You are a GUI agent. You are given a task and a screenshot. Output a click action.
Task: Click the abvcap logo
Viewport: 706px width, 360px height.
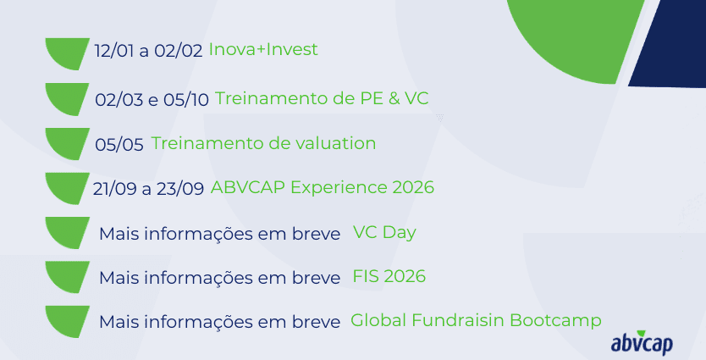(642, 343)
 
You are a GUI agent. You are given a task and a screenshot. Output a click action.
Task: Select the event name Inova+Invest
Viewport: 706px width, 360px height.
(263, 49)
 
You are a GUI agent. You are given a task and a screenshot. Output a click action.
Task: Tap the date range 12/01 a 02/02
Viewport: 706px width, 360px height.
(149, 51)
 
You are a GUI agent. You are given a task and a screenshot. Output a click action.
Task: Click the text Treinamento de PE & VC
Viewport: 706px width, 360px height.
(322, 98)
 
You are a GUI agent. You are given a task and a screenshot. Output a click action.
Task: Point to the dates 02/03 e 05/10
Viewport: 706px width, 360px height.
(152, 100)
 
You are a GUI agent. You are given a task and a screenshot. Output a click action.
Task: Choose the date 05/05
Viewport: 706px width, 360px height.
(119, 145)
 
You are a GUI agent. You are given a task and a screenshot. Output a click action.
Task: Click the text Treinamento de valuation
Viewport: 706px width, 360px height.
(263, 143)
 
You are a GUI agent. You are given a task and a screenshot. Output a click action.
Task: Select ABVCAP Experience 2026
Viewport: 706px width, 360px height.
(323, 187)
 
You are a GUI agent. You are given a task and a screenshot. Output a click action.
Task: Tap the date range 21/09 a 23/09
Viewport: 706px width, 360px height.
(149, 188)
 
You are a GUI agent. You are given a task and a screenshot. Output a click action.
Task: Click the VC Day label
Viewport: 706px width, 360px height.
(384, 232)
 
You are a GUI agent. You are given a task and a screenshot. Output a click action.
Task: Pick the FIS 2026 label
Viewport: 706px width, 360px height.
(389, 276)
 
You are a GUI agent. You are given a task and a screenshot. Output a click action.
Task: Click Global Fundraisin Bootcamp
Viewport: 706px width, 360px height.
(476, 320)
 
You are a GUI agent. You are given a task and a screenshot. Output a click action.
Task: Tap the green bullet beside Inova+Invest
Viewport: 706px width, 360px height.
(66, 53)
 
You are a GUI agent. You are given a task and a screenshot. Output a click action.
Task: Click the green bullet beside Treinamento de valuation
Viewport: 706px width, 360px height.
(66, 143)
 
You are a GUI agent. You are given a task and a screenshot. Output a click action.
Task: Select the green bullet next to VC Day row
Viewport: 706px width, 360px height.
(66, 232)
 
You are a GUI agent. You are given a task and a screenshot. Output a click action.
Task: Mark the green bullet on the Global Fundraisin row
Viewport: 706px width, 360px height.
(66, 321)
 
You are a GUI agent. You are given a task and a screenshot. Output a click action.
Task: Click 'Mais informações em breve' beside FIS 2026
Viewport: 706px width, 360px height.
(220, 278)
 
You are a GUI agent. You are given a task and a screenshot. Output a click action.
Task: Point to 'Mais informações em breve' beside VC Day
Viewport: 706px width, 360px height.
(220, 235)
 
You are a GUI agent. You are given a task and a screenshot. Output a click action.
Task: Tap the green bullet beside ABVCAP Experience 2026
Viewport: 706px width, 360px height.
(66, 187)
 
